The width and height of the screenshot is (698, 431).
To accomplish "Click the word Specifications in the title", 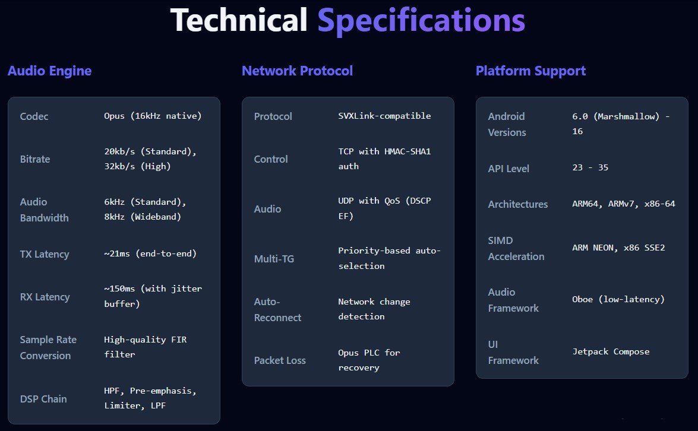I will tap(421, 21).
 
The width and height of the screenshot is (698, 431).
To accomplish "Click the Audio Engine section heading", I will tap(49, 71).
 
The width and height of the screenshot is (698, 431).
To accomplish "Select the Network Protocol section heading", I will tap(297, 71).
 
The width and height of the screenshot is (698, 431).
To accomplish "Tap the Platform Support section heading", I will tap(530, 71).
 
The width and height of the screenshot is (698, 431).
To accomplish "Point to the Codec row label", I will tap(34, 116).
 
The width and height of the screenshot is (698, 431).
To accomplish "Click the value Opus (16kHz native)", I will tap(153, 116).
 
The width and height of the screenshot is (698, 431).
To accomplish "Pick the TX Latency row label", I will tap(45, 254).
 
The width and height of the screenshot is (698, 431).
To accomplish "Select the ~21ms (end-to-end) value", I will tap(150, 253).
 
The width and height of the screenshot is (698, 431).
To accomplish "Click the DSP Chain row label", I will tap(43, 399).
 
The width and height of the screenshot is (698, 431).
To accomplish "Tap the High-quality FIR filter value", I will tap(145, 347).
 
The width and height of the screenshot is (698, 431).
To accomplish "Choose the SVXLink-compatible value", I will tap(384, 116).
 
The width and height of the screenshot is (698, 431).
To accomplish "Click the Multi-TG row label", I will tap(274, 259).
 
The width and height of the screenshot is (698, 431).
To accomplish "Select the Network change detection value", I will tap(374, 309).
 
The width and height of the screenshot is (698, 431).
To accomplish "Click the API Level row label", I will tap(509, 169).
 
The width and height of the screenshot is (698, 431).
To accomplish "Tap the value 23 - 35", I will tap(590, 168).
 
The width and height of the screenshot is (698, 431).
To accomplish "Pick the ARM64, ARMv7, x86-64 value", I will tap(623, 204).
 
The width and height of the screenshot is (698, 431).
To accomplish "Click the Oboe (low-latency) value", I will tap(618, 299).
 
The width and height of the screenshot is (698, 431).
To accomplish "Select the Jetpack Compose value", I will tap(611, 351).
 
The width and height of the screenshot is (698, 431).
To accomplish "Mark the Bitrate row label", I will tap(35, 159).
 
